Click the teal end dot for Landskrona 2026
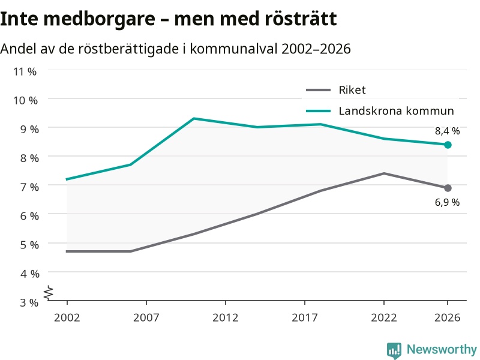[448, 145]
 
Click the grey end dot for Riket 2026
[448, 188]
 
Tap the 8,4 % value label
[447, 131]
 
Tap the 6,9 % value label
[447, 202]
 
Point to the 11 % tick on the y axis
[25, 71]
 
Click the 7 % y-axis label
[29, 187]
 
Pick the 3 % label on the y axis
[29, 302]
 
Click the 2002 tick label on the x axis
[67, 317]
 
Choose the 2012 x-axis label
[226, 317]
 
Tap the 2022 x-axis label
[384, 317]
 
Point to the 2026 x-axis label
[447, 317]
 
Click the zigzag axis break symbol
[49, 293]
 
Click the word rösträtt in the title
[301, 19]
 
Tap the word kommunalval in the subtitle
[234, 49]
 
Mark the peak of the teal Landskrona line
[194, 118]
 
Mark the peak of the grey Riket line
[384, 173]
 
